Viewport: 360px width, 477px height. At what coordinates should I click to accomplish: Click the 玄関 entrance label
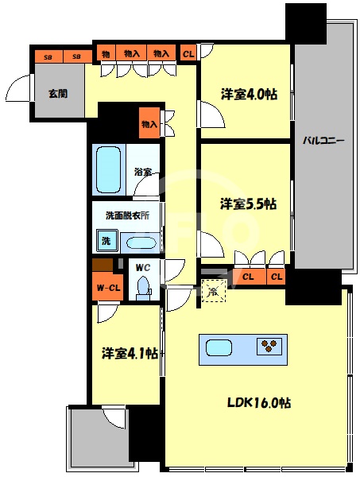(57, 94)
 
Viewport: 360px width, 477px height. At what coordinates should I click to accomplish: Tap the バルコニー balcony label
(323, 141)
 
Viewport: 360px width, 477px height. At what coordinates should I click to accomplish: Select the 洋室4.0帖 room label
(249, 94)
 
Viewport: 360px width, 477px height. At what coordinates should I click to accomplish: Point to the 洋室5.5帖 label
(248, 204)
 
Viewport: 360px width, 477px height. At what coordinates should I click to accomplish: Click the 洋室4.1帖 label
(127, 352)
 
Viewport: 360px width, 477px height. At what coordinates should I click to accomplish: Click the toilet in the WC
(144, 287)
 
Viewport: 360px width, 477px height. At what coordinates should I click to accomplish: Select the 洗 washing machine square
(104, 239)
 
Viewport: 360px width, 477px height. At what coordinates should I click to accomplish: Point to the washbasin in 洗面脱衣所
(141, 242)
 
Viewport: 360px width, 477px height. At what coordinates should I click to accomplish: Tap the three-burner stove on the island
(269, 346)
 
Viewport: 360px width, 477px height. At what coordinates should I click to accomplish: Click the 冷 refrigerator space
(212, 292)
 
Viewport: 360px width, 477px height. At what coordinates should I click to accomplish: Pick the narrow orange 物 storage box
(105, 53)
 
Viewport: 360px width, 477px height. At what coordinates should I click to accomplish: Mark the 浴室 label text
(143, 172)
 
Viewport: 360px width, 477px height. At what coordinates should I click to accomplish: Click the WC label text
(143, 267)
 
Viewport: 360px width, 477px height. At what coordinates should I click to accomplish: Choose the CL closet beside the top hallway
(188, 53)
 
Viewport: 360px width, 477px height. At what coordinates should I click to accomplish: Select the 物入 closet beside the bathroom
(149, 124)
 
